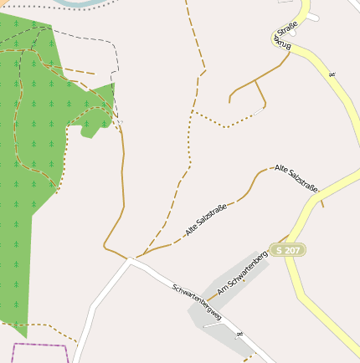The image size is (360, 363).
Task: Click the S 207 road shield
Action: pos(287,250)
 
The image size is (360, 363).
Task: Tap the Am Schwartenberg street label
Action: pos(241,275)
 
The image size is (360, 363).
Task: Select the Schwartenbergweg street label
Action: pos(197,302)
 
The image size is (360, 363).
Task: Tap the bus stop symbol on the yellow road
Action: pos(332,76)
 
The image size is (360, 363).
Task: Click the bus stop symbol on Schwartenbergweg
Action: pos(239,335)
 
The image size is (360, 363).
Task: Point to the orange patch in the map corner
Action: pos(3,3)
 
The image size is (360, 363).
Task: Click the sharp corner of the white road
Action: pos(130,260)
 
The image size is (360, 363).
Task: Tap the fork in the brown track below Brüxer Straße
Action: pos(255,80)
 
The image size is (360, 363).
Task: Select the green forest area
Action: pos(25,209)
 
